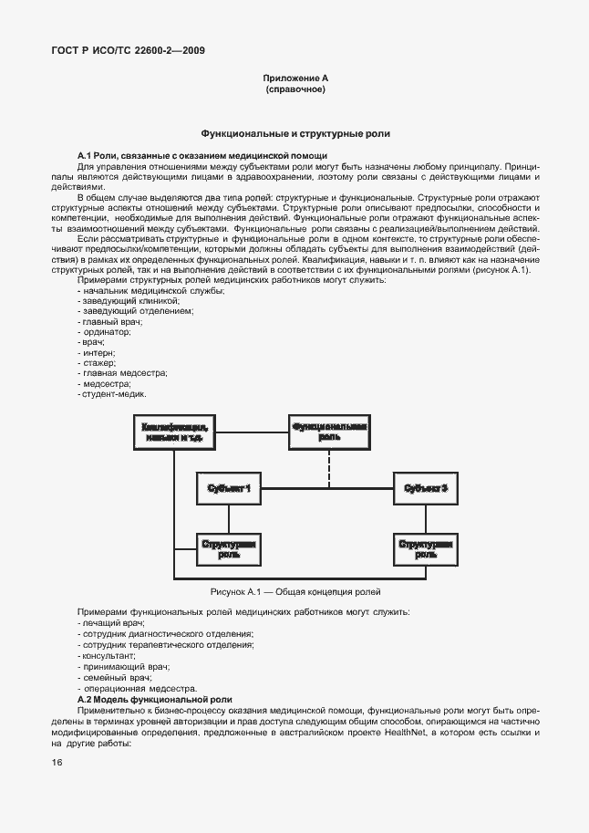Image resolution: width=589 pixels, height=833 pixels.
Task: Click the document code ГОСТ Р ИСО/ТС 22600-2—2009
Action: click(x=128, y=52)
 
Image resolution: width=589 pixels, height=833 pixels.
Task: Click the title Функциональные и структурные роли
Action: click(x=295, y=133)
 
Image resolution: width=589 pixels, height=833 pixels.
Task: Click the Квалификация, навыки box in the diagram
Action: click(x=173, y=432)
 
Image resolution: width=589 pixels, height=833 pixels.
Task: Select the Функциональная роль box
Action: click(x=328, y=432)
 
